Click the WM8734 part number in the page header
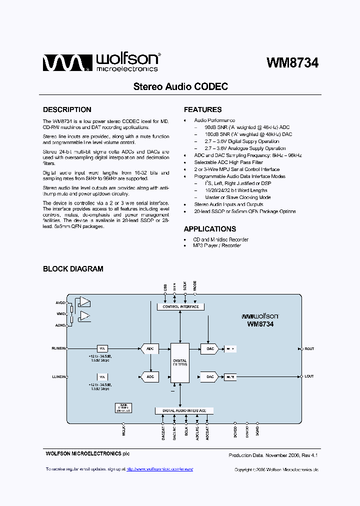[x=292, y=63]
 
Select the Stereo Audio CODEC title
[x=180, y=86]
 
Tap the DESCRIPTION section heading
[x=67, y=109]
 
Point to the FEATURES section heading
[x=202, y=109]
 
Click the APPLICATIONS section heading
[x=209, y=229]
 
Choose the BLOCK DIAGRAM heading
[x=73, y=269]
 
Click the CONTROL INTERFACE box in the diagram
[x=180, y=307]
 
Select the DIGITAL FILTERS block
[x=180, y=362]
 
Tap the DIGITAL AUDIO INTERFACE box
[x=184, y=410]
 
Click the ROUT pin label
[x=309, y=348]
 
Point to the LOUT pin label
[x=309, y=376]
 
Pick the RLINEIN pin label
[x=59, y=348]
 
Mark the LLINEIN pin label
[x=59, y=376]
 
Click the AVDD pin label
[x=60, y=303]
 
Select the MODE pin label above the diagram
[x=195, y=286]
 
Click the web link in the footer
[x=159, y=469]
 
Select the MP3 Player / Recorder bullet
[x=217, y=245]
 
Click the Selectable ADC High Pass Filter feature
[x=228, y=162]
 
